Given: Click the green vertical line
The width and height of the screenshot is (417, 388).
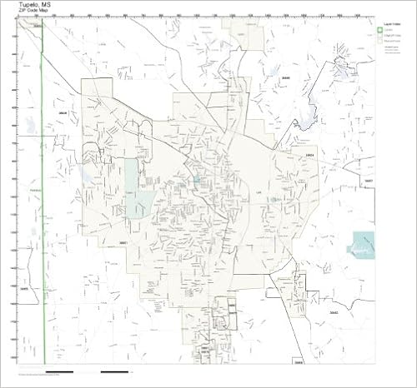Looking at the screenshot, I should pyautogui.click(x=43, y=208).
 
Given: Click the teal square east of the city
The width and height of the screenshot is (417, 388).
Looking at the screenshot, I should pyautogui.click(x=364, y=246).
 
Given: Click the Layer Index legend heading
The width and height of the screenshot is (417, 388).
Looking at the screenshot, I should pyautogui.click(x=389, y=25).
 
